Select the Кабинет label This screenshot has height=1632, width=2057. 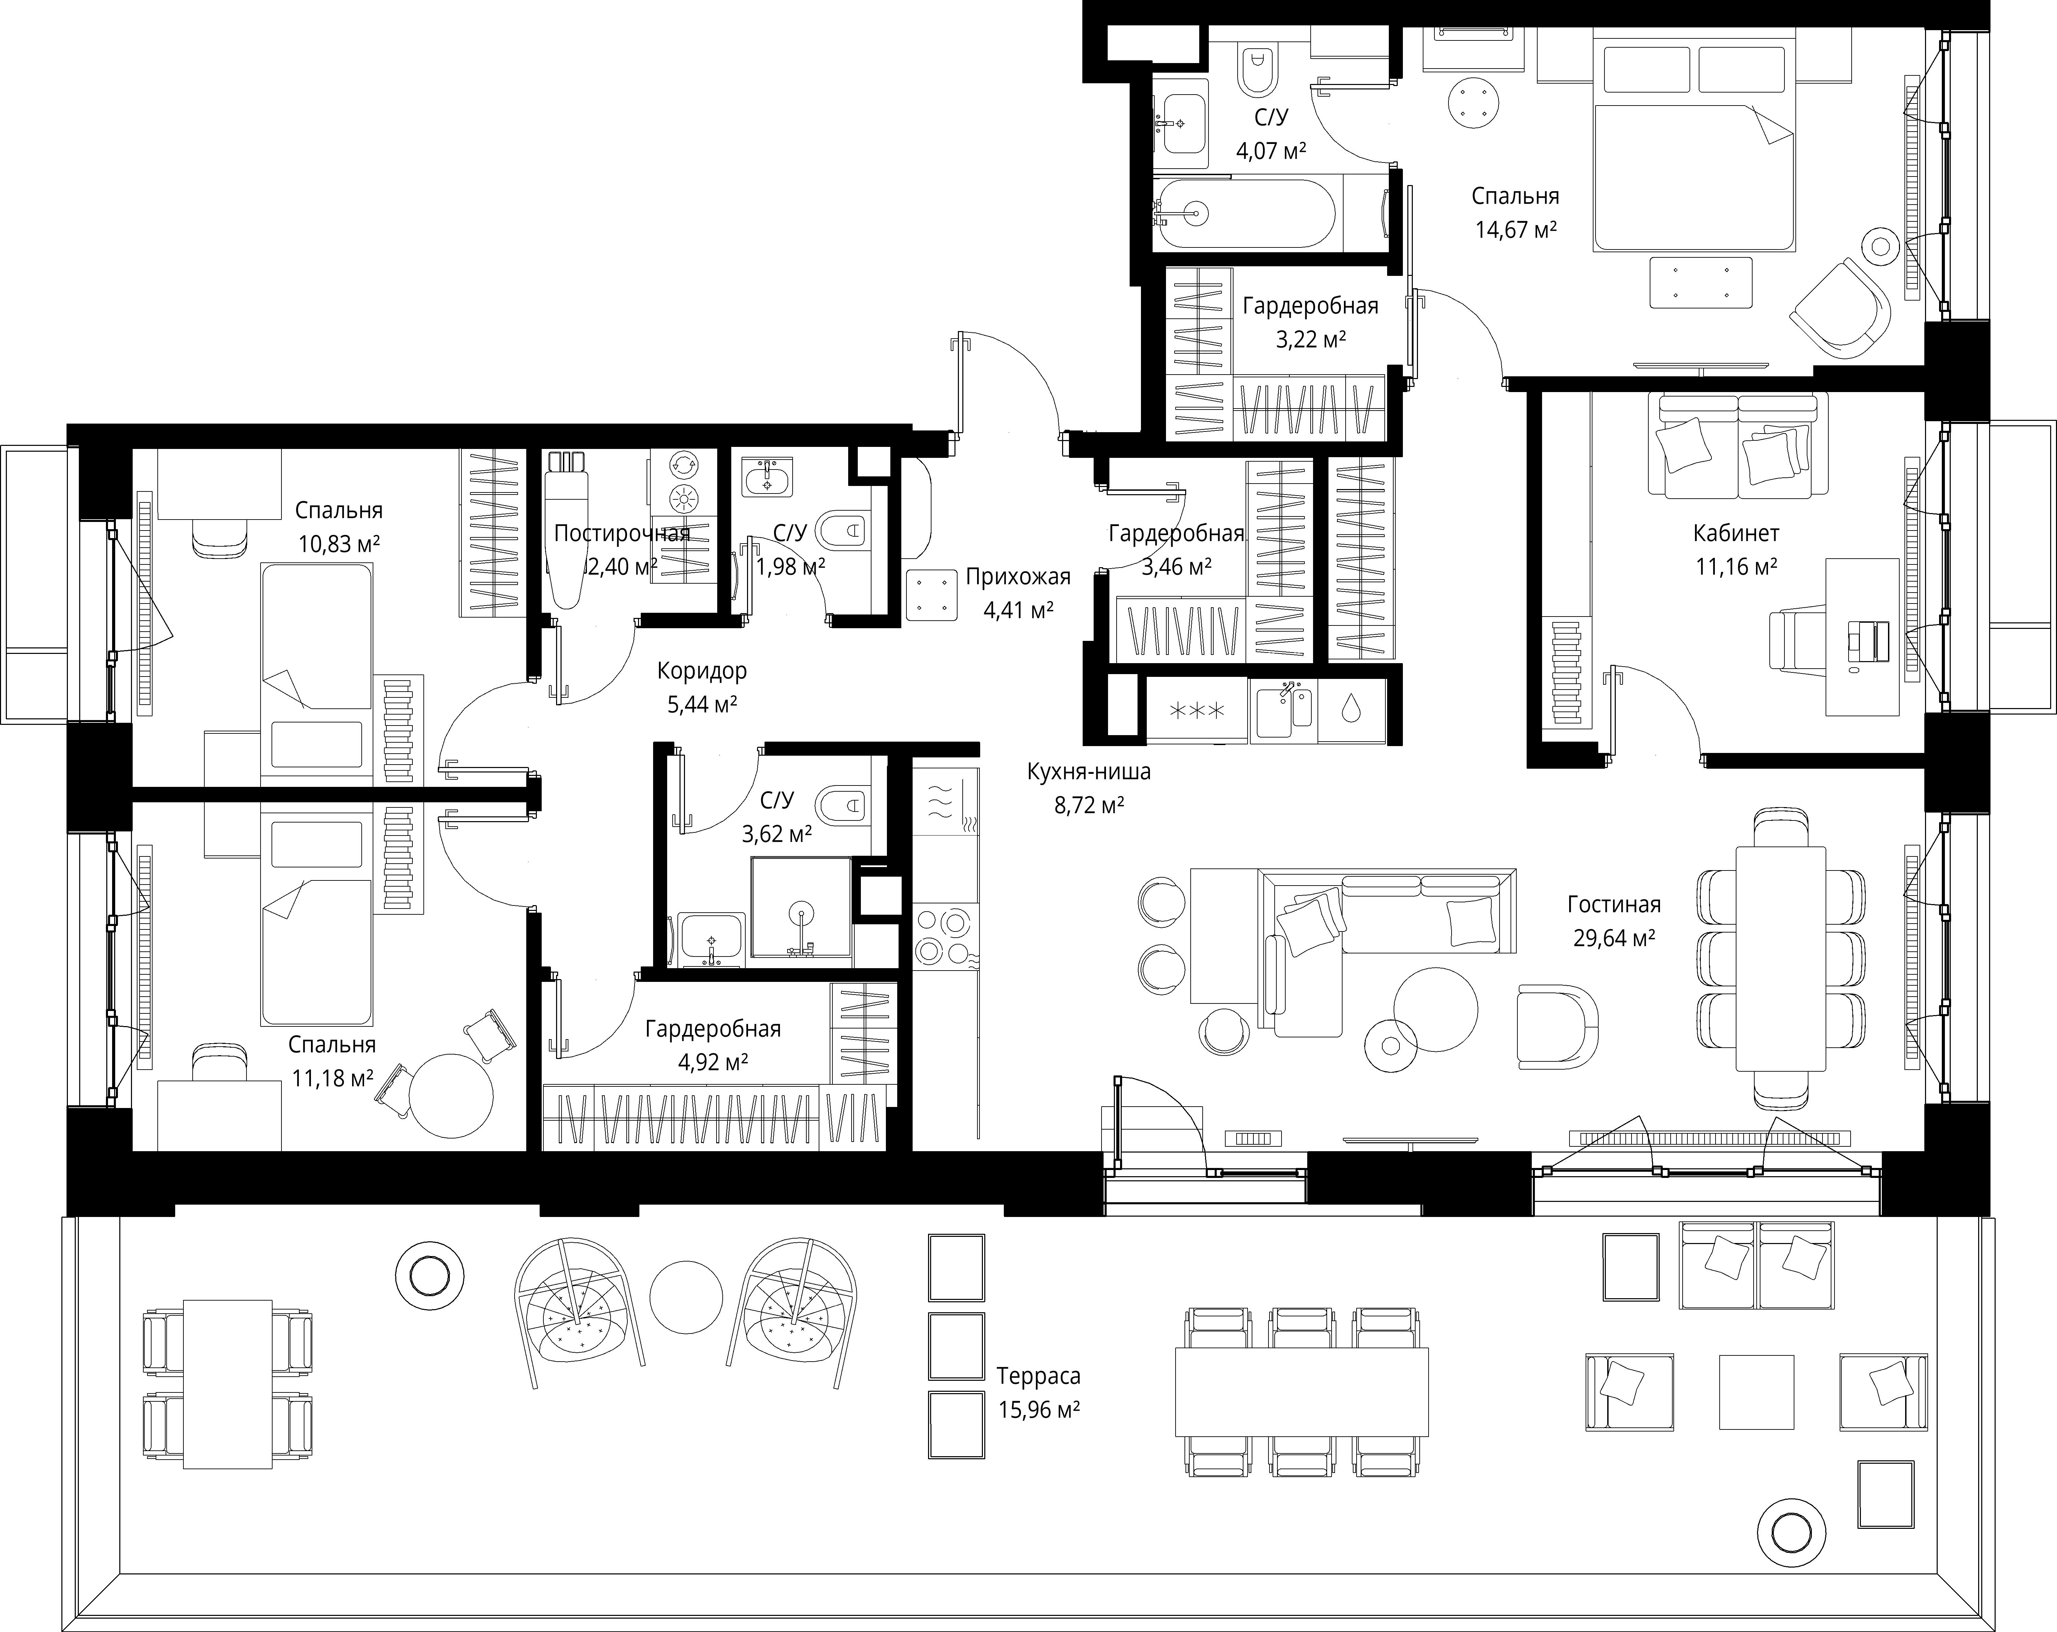(x=1736, y=533)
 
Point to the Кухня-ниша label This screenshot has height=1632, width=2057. (x=1088, y=772)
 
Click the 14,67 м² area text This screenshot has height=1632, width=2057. (x=1516, y=230)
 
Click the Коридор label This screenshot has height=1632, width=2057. (x=702, y=671)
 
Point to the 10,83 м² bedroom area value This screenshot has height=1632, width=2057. (x=339, y=544)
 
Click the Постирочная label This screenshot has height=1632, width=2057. (x=621, y=533)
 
